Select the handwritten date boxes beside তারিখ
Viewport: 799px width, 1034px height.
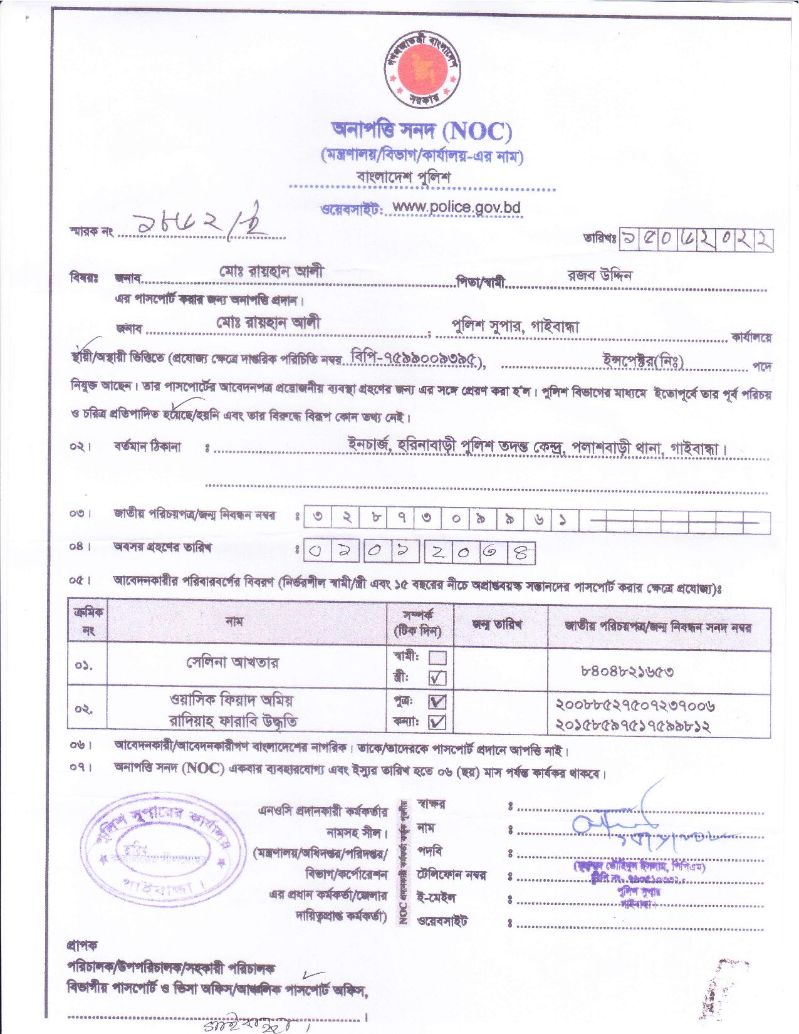tap(696, 239)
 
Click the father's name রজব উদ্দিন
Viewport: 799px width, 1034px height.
tap(600, 275)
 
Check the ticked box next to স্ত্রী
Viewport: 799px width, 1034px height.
tap(437, 677)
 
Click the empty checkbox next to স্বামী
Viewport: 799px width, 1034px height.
tap(437, 658)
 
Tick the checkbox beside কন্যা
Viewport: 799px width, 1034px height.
tap(437, 723)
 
